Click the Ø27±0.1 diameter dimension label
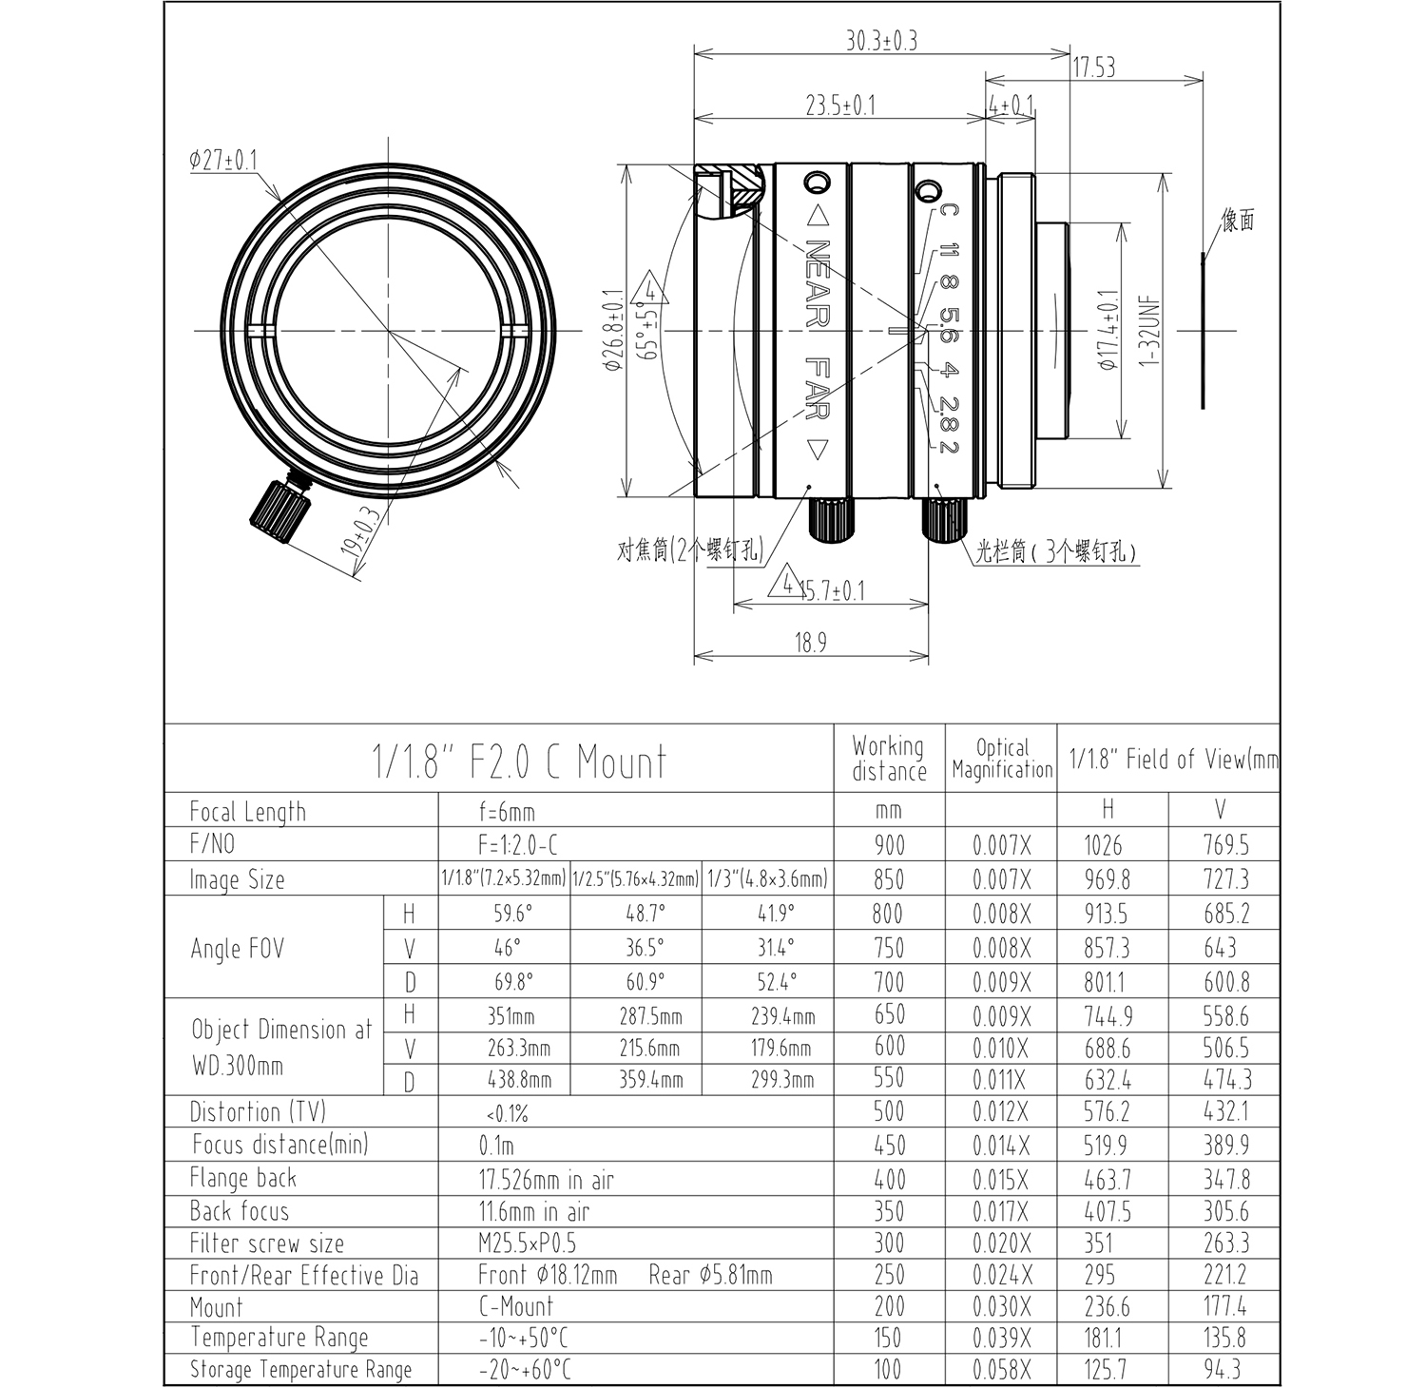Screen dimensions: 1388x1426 tap(223, 160)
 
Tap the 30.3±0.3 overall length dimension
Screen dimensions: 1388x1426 tap(881, 41)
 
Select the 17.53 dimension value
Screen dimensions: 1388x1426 tap(1094, 67)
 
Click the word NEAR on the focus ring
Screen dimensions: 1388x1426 tap(818, 283)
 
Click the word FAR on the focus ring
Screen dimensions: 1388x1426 tap(818, 389)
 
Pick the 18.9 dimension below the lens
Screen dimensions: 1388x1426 tap(810, 644)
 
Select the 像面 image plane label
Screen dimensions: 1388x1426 tap(1238, 221)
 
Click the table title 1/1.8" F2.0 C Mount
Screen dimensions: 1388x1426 tap(518, 761)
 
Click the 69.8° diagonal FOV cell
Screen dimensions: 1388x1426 tap(513, 982)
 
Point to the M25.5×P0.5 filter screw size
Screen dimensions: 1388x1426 tap(527, 1243)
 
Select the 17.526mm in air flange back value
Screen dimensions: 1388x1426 tap(546, 1181)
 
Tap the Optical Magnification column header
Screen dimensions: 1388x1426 tap(1002, 760)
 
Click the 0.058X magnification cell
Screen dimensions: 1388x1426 tap(1001, 1370)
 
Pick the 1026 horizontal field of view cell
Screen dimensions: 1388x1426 tap(1103, 845)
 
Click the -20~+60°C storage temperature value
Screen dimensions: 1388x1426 tap(525, 1370)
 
